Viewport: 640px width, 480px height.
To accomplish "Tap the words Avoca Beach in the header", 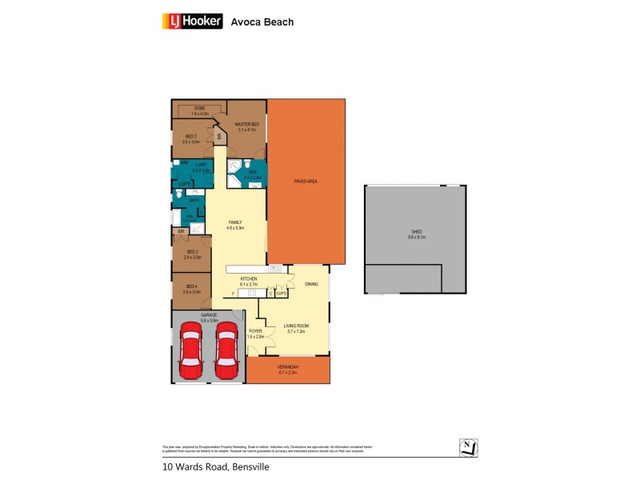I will point(262,22).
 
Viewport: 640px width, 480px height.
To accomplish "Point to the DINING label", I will point(310,284).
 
